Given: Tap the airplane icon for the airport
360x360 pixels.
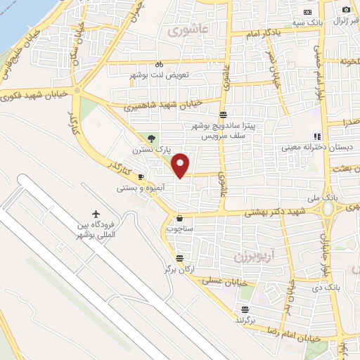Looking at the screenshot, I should (x=96, y=214).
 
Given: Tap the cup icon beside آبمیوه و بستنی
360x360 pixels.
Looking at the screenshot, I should (x=141, y=176).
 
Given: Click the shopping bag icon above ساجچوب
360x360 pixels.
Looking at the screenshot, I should (x=181, y=218).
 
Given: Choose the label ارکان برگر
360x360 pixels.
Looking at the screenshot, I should (x=179, y=269).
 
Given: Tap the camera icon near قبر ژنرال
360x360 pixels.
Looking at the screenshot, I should (x=346, y=9).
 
